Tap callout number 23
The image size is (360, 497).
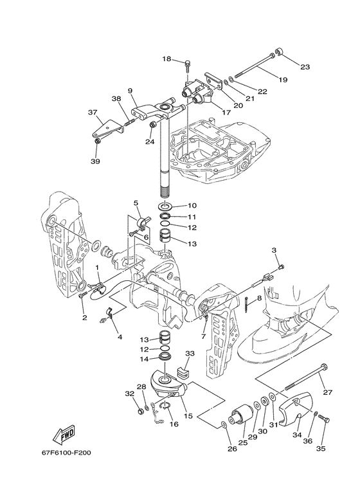305,67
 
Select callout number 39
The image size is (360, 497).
95,161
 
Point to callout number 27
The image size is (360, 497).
328,392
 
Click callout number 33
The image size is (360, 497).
190,353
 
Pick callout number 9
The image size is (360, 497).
130,91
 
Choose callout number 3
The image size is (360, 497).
274,250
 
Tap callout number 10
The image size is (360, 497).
192,205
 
